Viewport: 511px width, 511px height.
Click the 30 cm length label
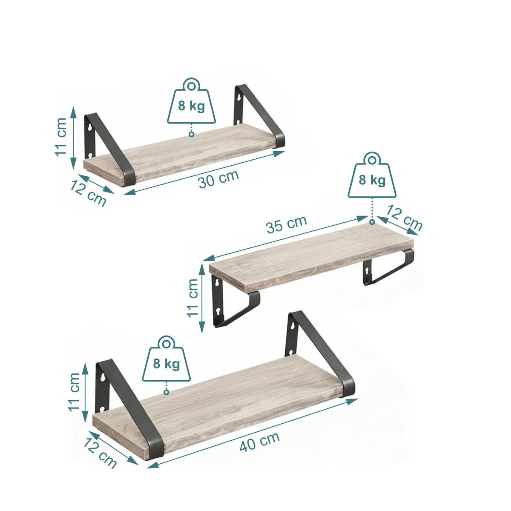click(x=218, y=179)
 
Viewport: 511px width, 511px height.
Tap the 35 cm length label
click(x=286, y=224)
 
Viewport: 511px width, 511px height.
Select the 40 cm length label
click(x=259, y=441)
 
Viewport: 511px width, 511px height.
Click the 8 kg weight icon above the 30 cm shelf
click(x=191, y=102)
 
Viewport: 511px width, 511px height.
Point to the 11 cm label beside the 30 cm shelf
click(x=61, y=137)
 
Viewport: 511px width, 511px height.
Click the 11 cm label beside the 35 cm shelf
click(x=192, y=298)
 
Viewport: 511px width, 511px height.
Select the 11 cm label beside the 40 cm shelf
click(x=74, y=392)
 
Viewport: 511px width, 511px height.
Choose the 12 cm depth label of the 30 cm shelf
click(x=88, y=192)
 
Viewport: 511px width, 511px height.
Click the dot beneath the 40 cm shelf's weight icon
click(x=166, y=392)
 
